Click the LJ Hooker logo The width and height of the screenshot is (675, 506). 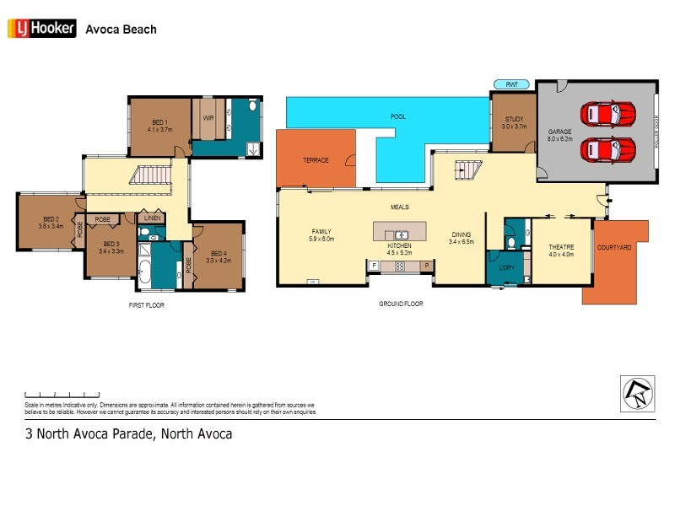pos(42,29)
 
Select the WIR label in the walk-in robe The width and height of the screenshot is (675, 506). pos(208,118)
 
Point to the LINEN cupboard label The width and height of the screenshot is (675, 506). pos(151,218)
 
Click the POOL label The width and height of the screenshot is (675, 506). pos(398,116)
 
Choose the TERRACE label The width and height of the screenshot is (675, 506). pos(316,159)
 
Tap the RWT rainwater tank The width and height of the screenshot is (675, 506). pos(511,84)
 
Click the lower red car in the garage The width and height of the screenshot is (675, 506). pos(607,149)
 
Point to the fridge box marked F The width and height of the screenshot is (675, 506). pos(374,266)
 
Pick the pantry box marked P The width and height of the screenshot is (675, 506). pos(427,266)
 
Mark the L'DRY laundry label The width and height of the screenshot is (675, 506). pos(506,268)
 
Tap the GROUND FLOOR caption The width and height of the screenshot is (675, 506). pos(401,304)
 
